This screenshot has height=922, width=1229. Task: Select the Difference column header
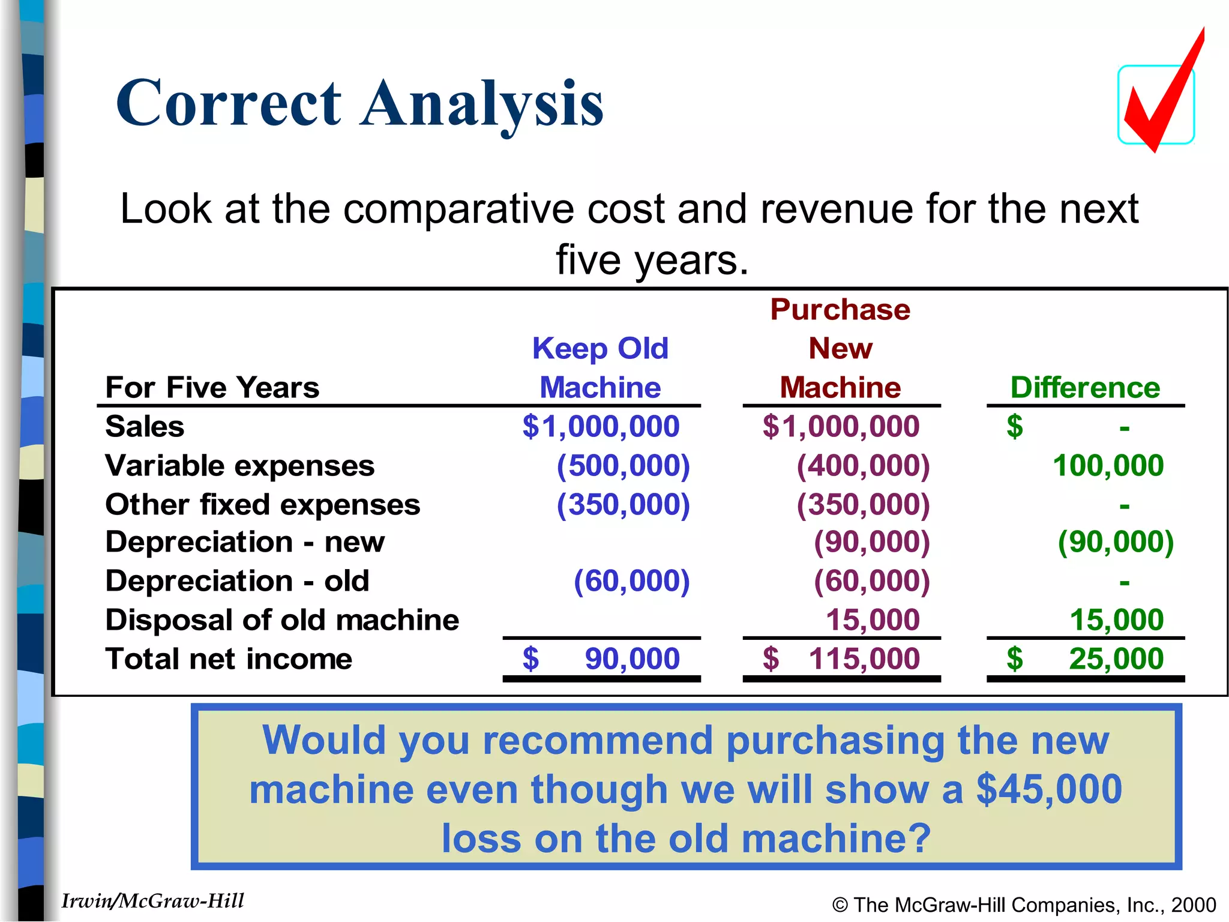pos(1085,388)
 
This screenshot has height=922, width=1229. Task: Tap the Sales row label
pos(145,427)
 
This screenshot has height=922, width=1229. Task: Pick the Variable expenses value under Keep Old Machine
pos(623,466)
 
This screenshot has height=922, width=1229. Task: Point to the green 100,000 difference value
pos(1108,466)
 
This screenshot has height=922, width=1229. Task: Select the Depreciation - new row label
pos(245,542)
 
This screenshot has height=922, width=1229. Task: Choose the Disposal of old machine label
pos(282,620)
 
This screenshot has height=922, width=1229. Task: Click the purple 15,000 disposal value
pos(873,620)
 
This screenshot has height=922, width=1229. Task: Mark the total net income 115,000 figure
pos(864,659)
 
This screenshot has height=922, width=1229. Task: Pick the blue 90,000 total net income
pos(632,659)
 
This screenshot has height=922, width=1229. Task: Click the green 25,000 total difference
pos(1116,659)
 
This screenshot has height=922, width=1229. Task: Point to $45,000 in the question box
pos(1049,789)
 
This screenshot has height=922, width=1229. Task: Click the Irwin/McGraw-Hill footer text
pos(153,901)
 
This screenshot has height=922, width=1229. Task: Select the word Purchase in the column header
pos(840,310)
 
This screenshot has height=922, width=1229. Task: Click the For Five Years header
pos(212,388)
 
